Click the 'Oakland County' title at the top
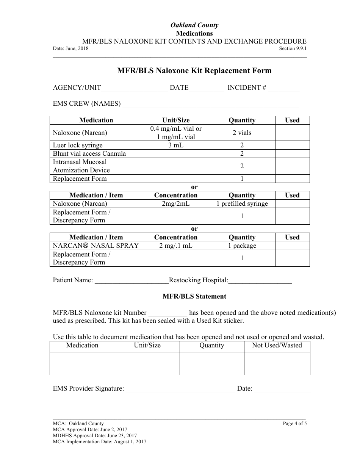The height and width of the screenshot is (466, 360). [x=194, y=25]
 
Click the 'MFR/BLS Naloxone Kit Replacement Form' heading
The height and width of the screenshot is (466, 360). [x=194, y=70]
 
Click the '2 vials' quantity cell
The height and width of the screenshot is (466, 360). [x=242, y=133]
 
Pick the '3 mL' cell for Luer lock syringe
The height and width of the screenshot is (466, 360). [x=176, y=145]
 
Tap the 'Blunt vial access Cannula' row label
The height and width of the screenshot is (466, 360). [x=89, y=153]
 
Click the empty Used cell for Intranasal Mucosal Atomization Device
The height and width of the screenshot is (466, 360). [x=292, y=166]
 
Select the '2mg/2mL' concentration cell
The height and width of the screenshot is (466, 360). [x=176, y=203]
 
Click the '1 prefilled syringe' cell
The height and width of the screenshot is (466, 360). [x=242, y=203]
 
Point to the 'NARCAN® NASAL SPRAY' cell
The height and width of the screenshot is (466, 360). [x=96, y=246]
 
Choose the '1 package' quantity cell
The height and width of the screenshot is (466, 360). [x=242, y=246]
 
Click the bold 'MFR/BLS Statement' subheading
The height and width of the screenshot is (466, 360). [x=194, y=297]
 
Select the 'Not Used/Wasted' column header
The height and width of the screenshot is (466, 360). [x=277, y=345]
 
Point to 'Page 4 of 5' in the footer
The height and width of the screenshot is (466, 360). [x=295, y=424]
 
